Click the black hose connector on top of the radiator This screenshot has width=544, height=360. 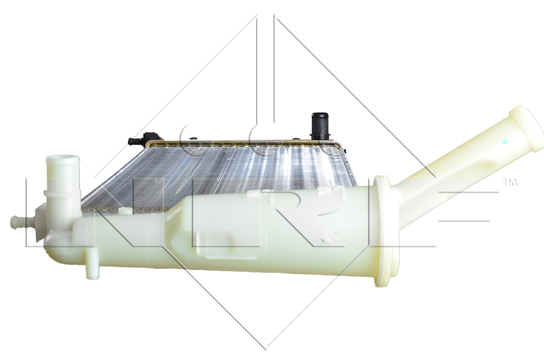click(x=320, y=126)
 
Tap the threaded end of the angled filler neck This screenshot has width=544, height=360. click(x=526, y=128)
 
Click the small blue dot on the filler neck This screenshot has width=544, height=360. click(x=505, y=142)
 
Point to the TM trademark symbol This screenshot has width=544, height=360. click(x=510, y=182)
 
